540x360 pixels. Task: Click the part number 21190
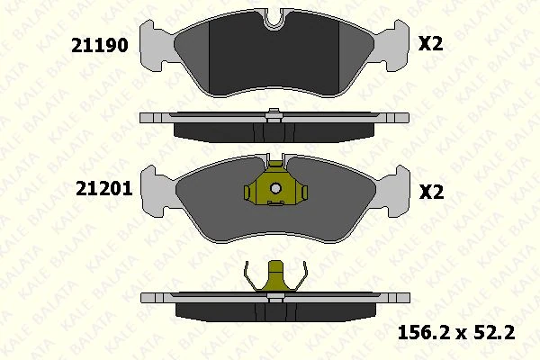[101, 44]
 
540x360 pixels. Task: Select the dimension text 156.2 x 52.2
[455, 333]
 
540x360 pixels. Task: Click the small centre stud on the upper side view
[273, 112]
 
